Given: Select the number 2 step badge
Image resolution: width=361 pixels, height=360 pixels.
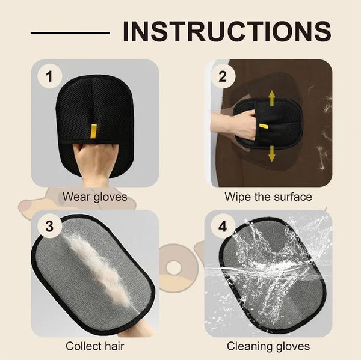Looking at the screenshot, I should pos(223,76).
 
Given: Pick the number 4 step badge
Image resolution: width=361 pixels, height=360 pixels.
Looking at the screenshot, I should pos(223,227).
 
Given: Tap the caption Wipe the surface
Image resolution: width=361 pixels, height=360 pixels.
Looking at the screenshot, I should pos(268,197).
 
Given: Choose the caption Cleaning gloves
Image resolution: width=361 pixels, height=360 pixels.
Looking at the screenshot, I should pos(268,346).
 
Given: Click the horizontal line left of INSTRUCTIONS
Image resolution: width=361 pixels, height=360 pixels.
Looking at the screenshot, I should pos(70,33).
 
